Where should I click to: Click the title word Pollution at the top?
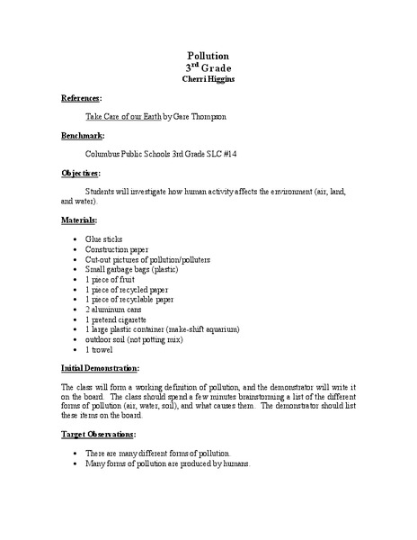coord(208,55)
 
